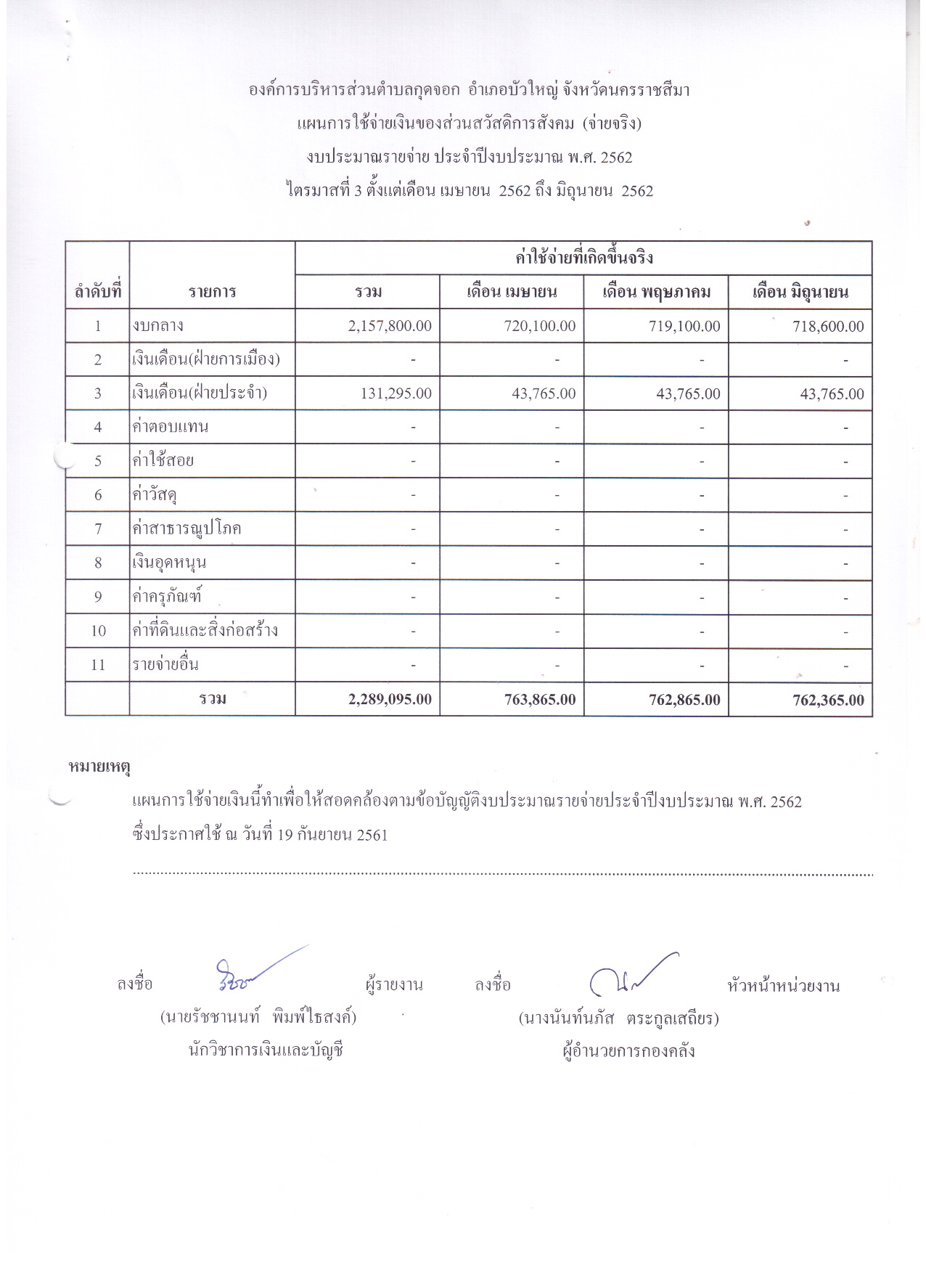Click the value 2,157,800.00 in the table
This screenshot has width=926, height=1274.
coord(390,326)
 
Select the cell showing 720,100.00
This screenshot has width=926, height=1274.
coord(540,326)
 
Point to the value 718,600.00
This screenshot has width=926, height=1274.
coord(828,327)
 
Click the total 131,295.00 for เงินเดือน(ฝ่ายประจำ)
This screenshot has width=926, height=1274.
coord(396,393)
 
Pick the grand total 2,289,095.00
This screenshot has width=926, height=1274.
coord(390,699)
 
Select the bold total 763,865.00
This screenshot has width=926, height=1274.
coord(540,699)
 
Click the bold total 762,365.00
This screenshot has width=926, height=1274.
coord(828,700)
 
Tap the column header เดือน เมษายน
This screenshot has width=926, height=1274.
coord(512,292)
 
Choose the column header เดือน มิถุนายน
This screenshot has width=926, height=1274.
coord(800,292)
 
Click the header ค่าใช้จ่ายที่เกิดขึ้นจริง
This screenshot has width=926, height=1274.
coord(583,258)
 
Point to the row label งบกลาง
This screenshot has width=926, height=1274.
coord(158,325)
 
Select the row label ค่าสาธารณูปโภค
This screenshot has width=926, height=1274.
coord(187,528)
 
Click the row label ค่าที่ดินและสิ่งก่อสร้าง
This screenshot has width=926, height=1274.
coord(205,630)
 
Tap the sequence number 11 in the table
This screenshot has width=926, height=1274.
coord(98,664)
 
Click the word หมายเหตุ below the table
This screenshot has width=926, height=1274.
coord(99,766)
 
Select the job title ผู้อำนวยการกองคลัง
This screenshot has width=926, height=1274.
coord(628,1050)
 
